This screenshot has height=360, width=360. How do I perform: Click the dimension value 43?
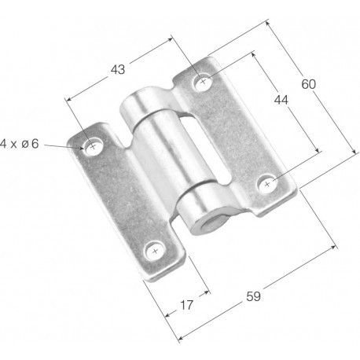118,69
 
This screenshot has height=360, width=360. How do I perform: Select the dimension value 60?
309,84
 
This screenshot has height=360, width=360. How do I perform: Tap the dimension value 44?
281,100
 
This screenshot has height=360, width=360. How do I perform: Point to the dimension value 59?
253,296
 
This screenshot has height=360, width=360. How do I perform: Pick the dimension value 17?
186,305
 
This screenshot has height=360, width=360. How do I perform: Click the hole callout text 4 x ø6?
19,144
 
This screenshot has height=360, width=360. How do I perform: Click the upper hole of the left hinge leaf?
94,146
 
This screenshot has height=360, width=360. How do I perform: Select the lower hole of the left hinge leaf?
156,252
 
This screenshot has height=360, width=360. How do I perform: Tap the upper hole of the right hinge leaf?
203,82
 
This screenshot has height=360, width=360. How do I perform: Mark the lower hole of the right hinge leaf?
267,184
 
